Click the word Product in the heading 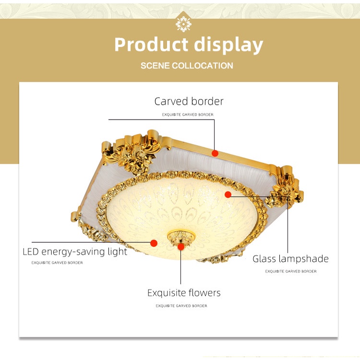151,45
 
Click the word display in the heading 228,46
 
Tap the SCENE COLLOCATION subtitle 187,65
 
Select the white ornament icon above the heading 183,23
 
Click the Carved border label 189,101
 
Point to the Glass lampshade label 290,259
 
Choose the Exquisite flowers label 184,293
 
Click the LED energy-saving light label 75,252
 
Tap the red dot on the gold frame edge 215,153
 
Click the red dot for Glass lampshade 228,194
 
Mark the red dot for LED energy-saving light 154,243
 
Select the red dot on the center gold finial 180,247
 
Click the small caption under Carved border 188,115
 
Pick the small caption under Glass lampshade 291,271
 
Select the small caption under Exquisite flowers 181,306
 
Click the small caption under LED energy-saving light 57,263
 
